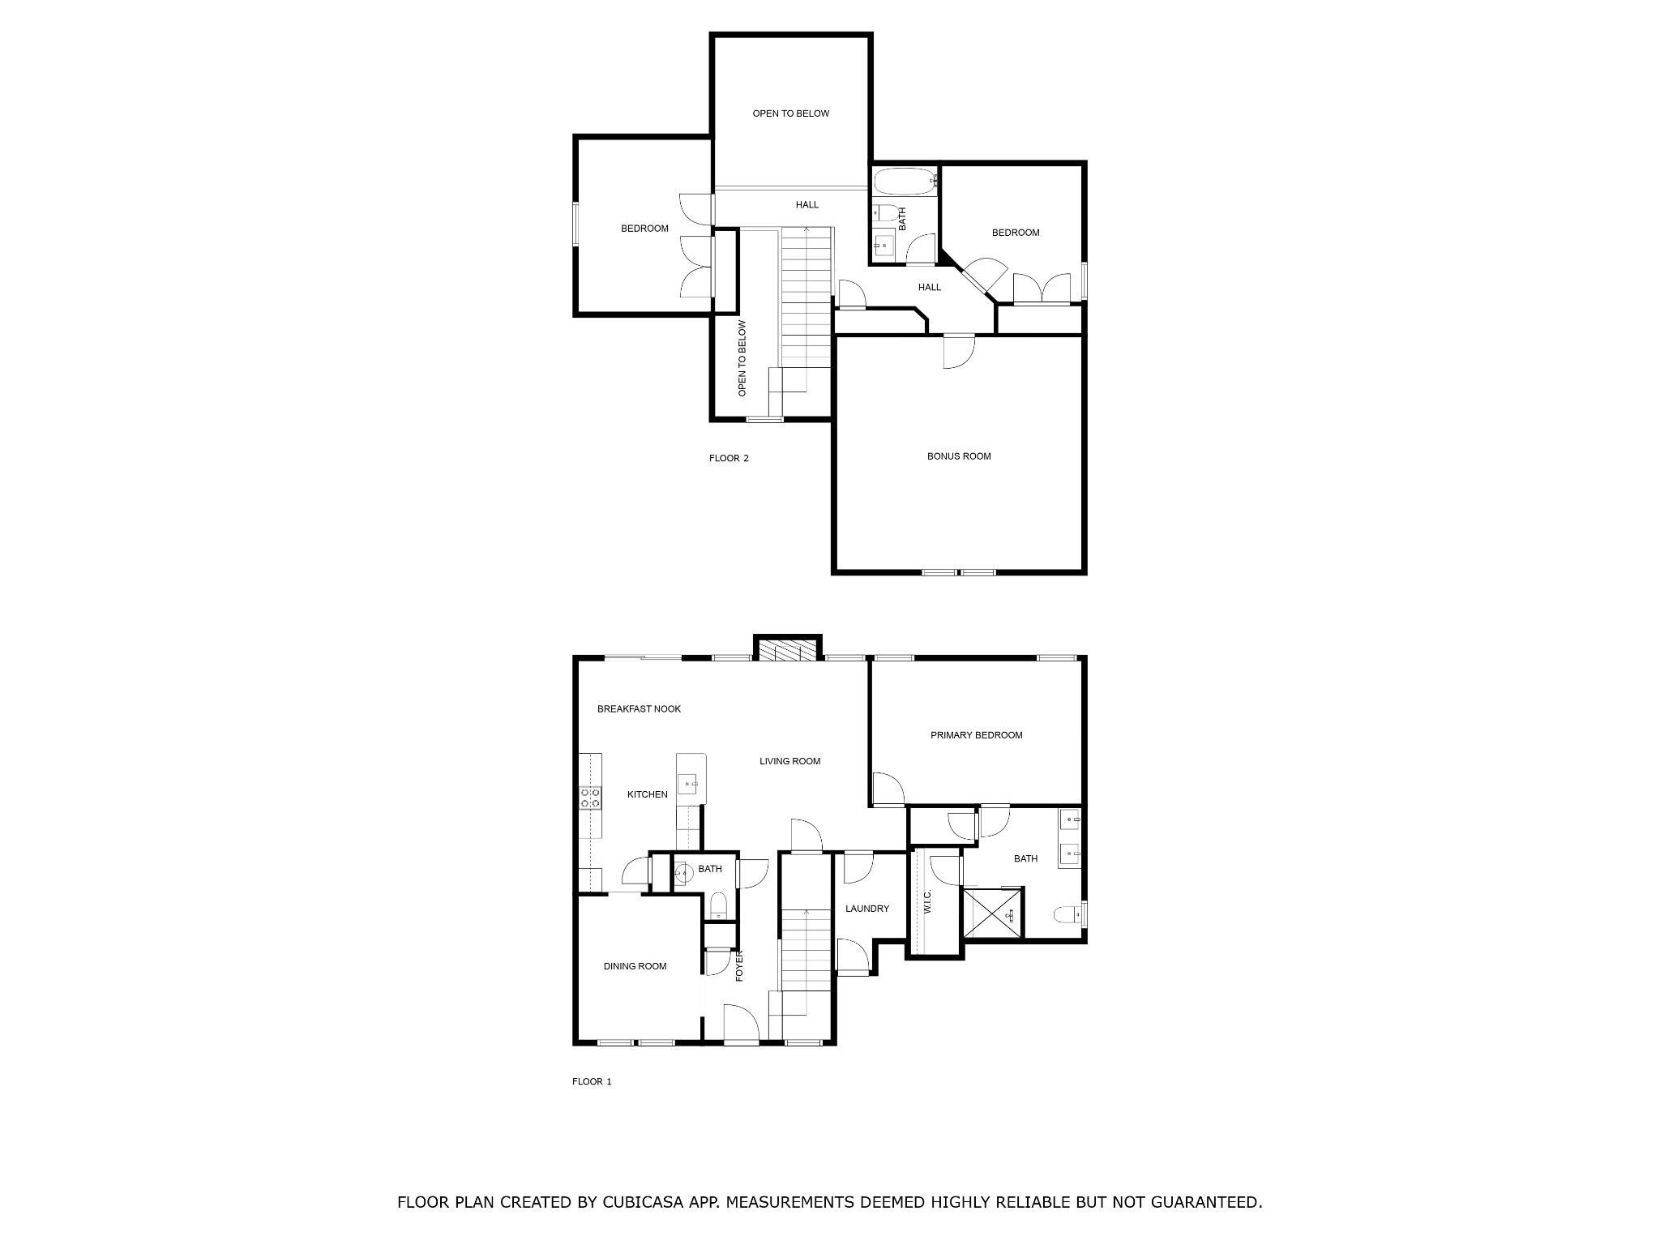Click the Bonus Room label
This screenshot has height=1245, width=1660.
(959, 456)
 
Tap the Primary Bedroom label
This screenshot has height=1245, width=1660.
(976, 735)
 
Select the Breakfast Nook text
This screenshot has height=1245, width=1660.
(639, 708)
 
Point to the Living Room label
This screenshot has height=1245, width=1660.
(789, 761)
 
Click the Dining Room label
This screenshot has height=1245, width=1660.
(635, 966)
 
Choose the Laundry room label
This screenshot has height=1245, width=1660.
(867, 909)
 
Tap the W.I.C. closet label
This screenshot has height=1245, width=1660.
(927, 902)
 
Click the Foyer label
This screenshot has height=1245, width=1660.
(739, 965)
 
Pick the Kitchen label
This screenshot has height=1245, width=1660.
(648, 794)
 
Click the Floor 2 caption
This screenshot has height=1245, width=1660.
(729, 458)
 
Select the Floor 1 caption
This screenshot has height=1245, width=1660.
(592, 1081)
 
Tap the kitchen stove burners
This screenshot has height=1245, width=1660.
(590, 798)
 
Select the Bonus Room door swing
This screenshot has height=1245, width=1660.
(959, 352)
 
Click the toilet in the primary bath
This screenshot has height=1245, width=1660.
(1070, 915)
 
